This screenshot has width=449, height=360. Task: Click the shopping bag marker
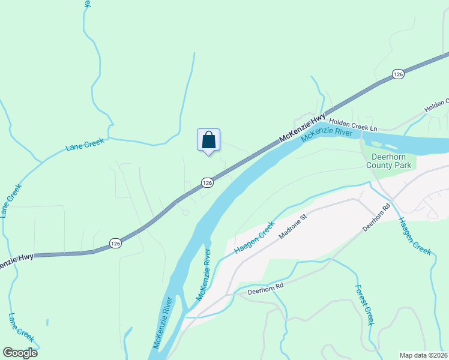(208, 140)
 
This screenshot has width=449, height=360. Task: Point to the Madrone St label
(292, 227)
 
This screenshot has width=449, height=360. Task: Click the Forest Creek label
(365, 305)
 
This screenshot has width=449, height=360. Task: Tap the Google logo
(20, 353)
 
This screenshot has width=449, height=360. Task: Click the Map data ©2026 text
(424, 355)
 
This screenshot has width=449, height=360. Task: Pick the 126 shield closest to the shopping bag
(207, 182)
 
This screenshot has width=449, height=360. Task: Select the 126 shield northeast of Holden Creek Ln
(398, 73)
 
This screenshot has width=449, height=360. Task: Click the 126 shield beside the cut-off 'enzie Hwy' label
(115, 242)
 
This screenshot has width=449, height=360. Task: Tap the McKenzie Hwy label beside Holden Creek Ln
(303, 128)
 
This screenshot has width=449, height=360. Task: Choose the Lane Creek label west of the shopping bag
(85, 145)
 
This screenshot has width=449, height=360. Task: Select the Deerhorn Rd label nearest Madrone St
(376, 218)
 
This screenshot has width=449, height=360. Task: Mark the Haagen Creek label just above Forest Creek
(415, 236)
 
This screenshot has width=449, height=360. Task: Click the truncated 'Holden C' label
(436, 106)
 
